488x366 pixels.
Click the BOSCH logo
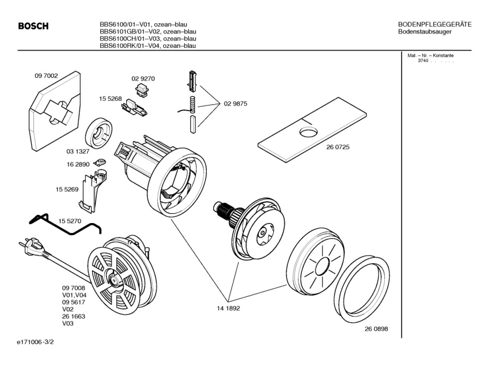tap(33, 26)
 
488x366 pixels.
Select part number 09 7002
tap(46, 75)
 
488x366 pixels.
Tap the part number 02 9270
tap(143, 78)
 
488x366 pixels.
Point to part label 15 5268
tap(110, 99)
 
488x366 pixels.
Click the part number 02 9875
tap(236, 104)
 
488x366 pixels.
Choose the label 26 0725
tap(338, 147)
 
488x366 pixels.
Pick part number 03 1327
tap(77, 152)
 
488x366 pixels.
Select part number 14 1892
tap(228, 308)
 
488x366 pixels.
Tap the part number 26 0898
tap(376, 329)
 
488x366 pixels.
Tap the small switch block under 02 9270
tap(141, 89)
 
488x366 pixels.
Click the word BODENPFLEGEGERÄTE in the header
tap(435, 24)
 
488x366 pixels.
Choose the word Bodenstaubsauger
tap(425, 32)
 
